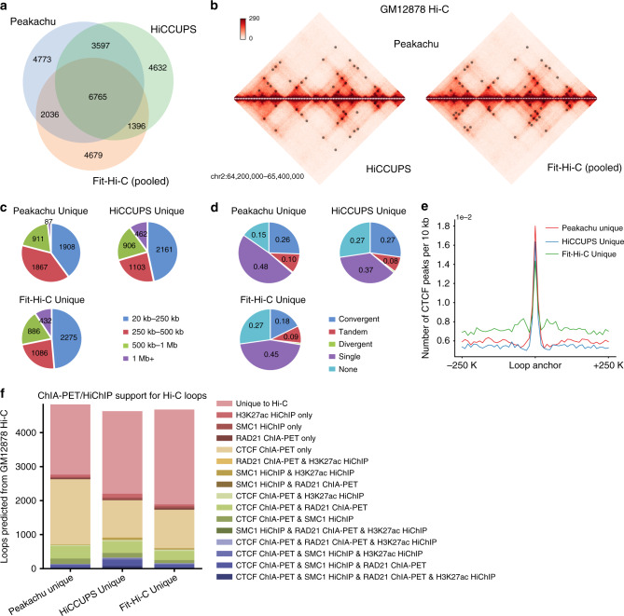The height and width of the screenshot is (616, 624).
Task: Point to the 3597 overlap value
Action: pos(104,44)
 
